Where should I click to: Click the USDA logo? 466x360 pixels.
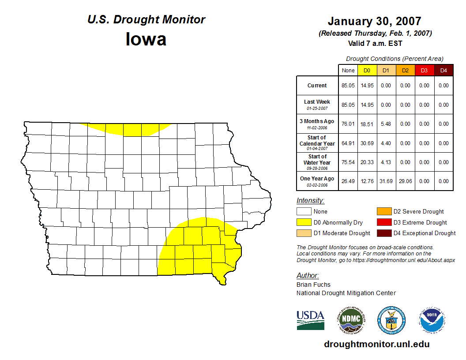pyautogui.click(x=310, y=320)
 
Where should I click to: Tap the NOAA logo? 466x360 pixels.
pyautogui.click(x=432, y=320)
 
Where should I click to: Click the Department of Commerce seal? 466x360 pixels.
pyautogui.click(x=391, y=320)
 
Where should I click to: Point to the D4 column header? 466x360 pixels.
pyautogui.click(x=443, y=71)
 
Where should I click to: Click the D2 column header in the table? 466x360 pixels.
pyautogui.click(x=405, y=71)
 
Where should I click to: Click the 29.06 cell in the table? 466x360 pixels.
pyautogui.click(x=405, y=181)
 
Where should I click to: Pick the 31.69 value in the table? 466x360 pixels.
pyautogui.click(x=386, y=181)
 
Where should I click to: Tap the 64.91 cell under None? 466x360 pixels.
pyautogui.click(x=348, y=143)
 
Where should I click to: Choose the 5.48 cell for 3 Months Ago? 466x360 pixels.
pyautogui.click(x=386, y=124)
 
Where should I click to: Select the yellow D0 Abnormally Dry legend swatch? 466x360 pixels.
pyautogui.click(x=304, y=222)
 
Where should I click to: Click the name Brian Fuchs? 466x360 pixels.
pyautogui.click(x=313, y=285)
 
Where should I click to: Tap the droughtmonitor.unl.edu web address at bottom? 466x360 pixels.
pyautogui.click(x=376, y=344)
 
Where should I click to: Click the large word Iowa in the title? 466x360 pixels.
pyautogui.click(x=146, y=39)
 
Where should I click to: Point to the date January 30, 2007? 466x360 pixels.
pyautogui.click(x=374, y=21)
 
